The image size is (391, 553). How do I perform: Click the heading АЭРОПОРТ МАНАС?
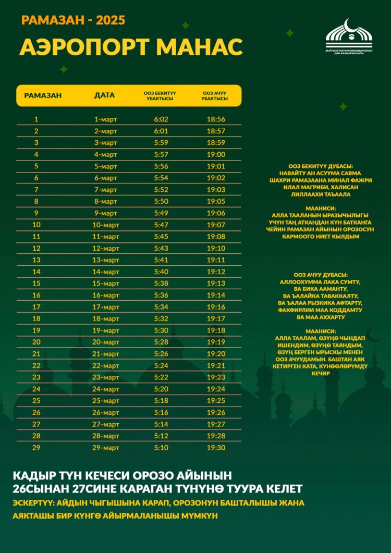(x=131, y=47)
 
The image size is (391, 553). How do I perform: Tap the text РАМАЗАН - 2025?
(x=73, y=21)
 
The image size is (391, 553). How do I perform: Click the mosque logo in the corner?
(x=349, y=36)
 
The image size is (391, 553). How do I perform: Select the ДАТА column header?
(x=104, y=95)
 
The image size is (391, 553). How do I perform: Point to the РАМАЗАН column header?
(x=43, y=95)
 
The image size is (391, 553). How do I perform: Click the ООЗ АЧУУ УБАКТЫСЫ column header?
(x=215, y=95)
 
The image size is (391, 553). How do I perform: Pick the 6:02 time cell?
(x=161, y=119)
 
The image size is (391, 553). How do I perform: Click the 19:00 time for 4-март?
(x=215, y=155)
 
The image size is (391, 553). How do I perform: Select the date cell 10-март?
(x=106, y=225)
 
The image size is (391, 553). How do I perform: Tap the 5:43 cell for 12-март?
(x=161, y=249)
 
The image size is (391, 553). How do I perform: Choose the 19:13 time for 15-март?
(x=215, y=284)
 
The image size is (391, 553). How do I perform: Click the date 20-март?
(x=106, y=342)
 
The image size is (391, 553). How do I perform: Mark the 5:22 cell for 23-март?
(x=161, y=377)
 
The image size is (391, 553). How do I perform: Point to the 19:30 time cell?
(x=215, y=448)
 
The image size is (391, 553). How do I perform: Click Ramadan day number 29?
(x=36, y=448)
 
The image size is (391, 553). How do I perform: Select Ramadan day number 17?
(x=36, y=307)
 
